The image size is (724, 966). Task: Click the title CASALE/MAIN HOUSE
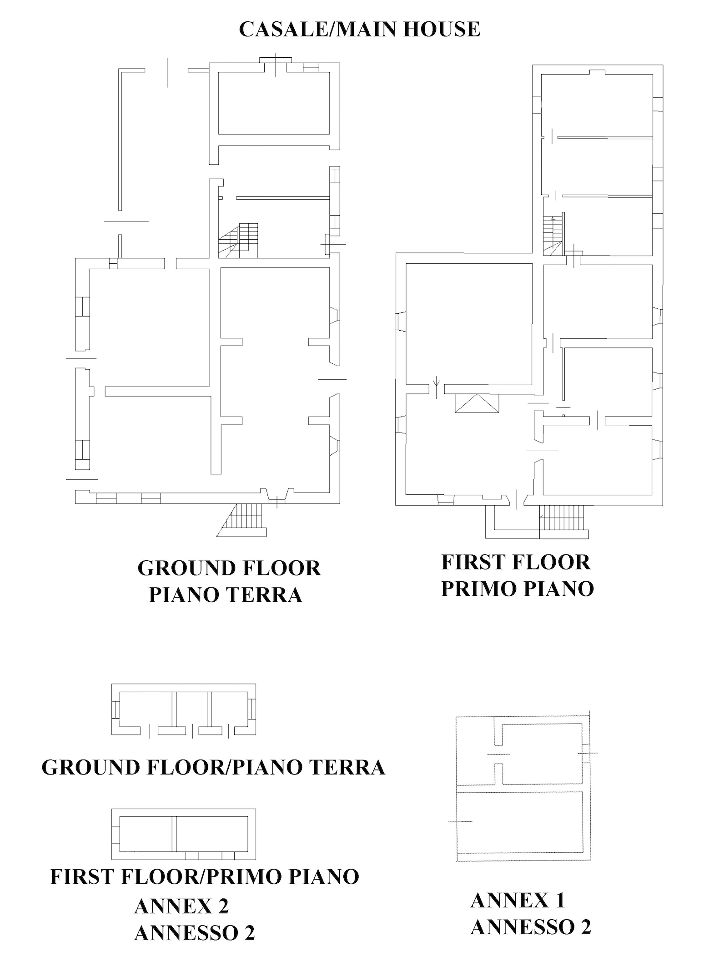point(359,29)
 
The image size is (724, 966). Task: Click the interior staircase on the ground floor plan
point(238,240)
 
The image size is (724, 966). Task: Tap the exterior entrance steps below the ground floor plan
point(241,520)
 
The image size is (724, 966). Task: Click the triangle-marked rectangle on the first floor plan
point(477,403)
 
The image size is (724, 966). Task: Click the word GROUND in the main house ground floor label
point(184,569)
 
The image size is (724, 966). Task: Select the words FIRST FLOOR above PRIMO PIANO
point(516,562)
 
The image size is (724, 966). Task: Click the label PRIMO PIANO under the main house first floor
point(518,589)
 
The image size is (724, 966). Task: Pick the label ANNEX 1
point(518,901)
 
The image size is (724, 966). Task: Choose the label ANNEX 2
point(181,906)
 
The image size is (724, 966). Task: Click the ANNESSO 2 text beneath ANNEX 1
point(531,927)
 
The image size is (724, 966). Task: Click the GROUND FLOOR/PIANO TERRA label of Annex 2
point(213,767)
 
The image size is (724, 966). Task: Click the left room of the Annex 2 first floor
point(146,834)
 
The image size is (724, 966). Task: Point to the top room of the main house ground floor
point(274,103)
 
